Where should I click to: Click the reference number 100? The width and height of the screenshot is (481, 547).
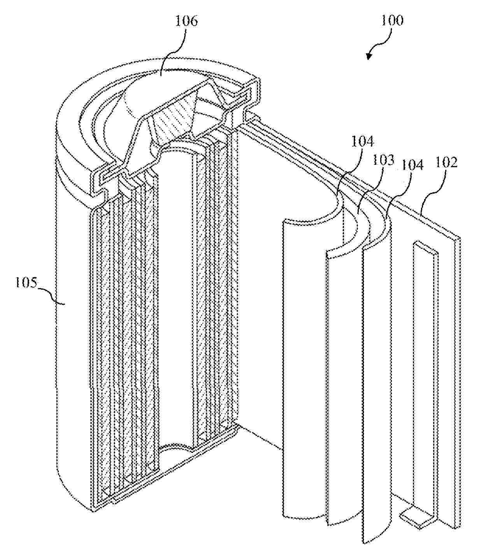(x=392, y=21)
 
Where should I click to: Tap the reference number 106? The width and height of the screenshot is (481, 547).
(x=186, y=21)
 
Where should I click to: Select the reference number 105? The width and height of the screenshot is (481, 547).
(x=26, y=283)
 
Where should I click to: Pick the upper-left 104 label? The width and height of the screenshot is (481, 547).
(x=362, y=141)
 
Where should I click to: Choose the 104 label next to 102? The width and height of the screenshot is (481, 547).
(x=413, y=165)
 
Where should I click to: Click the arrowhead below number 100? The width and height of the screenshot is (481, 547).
(x=369, y=56)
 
